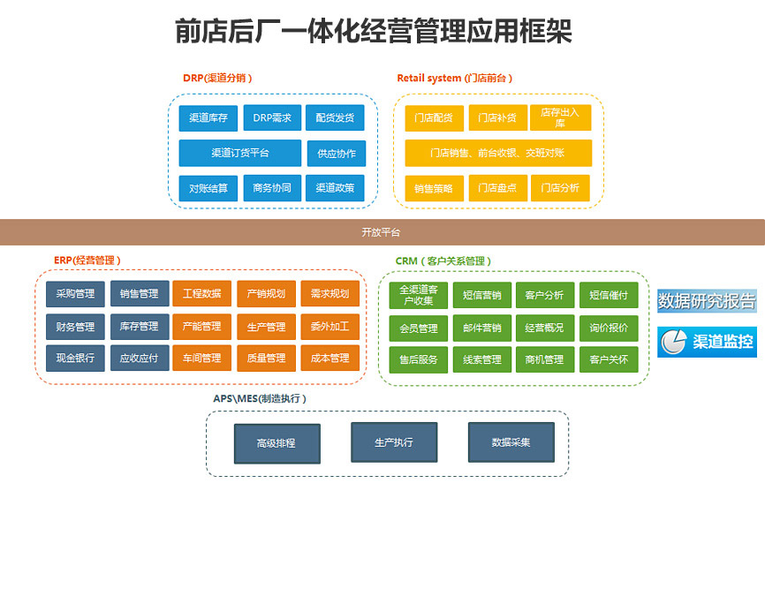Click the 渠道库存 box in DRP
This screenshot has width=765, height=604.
point(208,117)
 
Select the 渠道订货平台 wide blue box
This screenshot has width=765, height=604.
point(240,153)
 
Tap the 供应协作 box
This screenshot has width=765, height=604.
point(336,153)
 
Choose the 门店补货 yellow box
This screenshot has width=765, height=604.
point(498,117)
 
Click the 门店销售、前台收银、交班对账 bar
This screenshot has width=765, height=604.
point(498,153)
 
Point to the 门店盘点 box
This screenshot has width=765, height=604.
point(498,188)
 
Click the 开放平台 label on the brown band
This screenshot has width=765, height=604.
point(381,232)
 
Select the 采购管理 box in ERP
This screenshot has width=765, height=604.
point(75,294)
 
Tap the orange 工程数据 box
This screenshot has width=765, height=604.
point(202,294)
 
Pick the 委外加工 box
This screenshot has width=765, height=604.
point(329,327)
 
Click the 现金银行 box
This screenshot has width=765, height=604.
point(75,359)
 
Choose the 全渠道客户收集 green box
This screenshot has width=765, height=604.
point(418,295)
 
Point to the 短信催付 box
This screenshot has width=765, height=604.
point(609,295)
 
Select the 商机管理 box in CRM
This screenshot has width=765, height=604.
point(544,359)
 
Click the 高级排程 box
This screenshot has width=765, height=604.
point(276,443)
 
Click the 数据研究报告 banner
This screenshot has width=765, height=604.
point(707,301)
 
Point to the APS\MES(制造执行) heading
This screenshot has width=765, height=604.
point(260,399)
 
